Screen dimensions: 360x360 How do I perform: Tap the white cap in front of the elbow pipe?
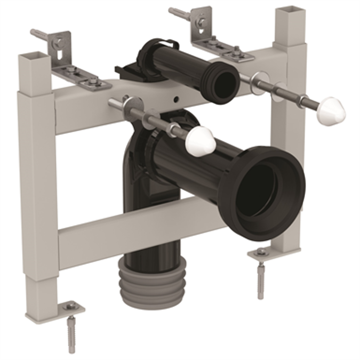pyautogui.click(x=202, y=141)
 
